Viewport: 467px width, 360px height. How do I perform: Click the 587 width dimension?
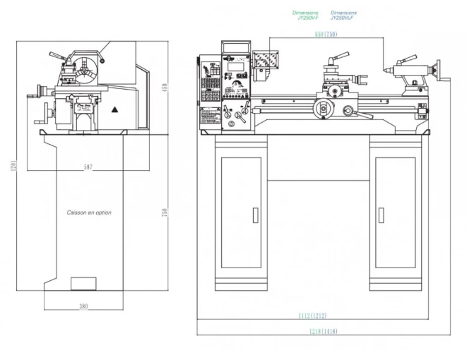(x=87, y=167)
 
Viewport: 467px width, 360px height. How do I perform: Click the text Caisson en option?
(x=89, y=212)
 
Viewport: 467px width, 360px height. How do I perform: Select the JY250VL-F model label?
(x=343, y=15)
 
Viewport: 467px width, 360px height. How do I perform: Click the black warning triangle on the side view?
(x=115, y=111)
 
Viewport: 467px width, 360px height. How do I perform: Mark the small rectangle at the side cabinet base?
(x=83, y=284)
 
